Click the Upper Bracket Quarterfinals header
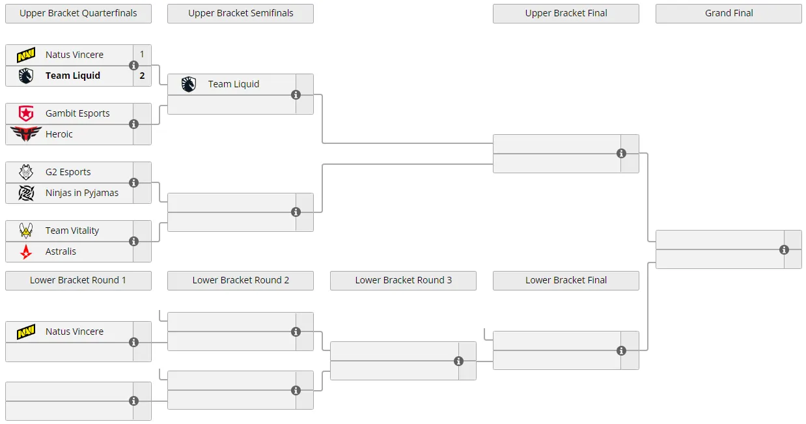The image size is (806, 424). pyautogui.click(x=78, y=13)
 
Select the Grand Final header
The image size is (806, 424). pyautogui.click(x=729, y=13)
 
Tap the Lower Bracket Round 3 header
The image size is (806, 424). pyautogui.click(x=403, y=280)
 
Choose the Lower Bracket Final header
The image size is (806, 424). pyautogui.click(x=566, y=280)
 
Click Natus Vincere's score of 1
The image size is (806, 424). pyautogui.click(x=142, y=54)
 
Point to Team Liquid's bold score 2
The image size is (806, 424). pyautogui.click(x=142, y=76)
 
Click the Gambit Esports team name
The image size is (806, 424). pyautogui.click(x=77, y=113)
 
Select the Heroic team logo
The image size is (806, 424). pyautogui.click(x=26, y=134)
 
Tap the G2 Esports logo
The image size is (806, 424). pyautogui.click(x=26, y=172)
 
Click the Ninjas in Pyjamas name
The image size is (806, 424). pyautogui.click(x=81, y=193)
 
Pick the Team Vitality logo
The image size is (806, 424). pyautogui.click(x=26, y=231)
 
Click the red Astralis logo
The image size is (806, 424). pyautogui.click(x=26, y=251)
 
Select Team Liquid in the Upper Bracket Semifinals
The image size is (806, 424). pyautogui.click(x=234, y=84)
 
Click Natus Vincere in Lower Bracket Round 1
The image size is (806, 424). pyautogui.click(x=74, y=332)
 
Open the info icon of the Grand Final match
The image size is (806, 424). pyautogui.click(x=784, y=250)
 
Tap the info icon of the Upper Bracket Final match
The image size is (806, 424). pyautogui.click(x=621, y=154)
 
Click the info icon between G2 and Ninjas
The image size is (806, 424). pyautogui.click(x=133, y=183)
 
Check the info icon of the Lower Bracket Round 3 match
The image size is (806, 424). pyautogui.click(x=458, y=361)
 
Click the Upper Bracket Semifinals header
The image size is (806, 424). pyautogui.click(x=240, y=13)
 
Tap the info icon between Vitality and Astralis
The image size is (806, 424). pyautogui.click(x=133, y=241)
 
